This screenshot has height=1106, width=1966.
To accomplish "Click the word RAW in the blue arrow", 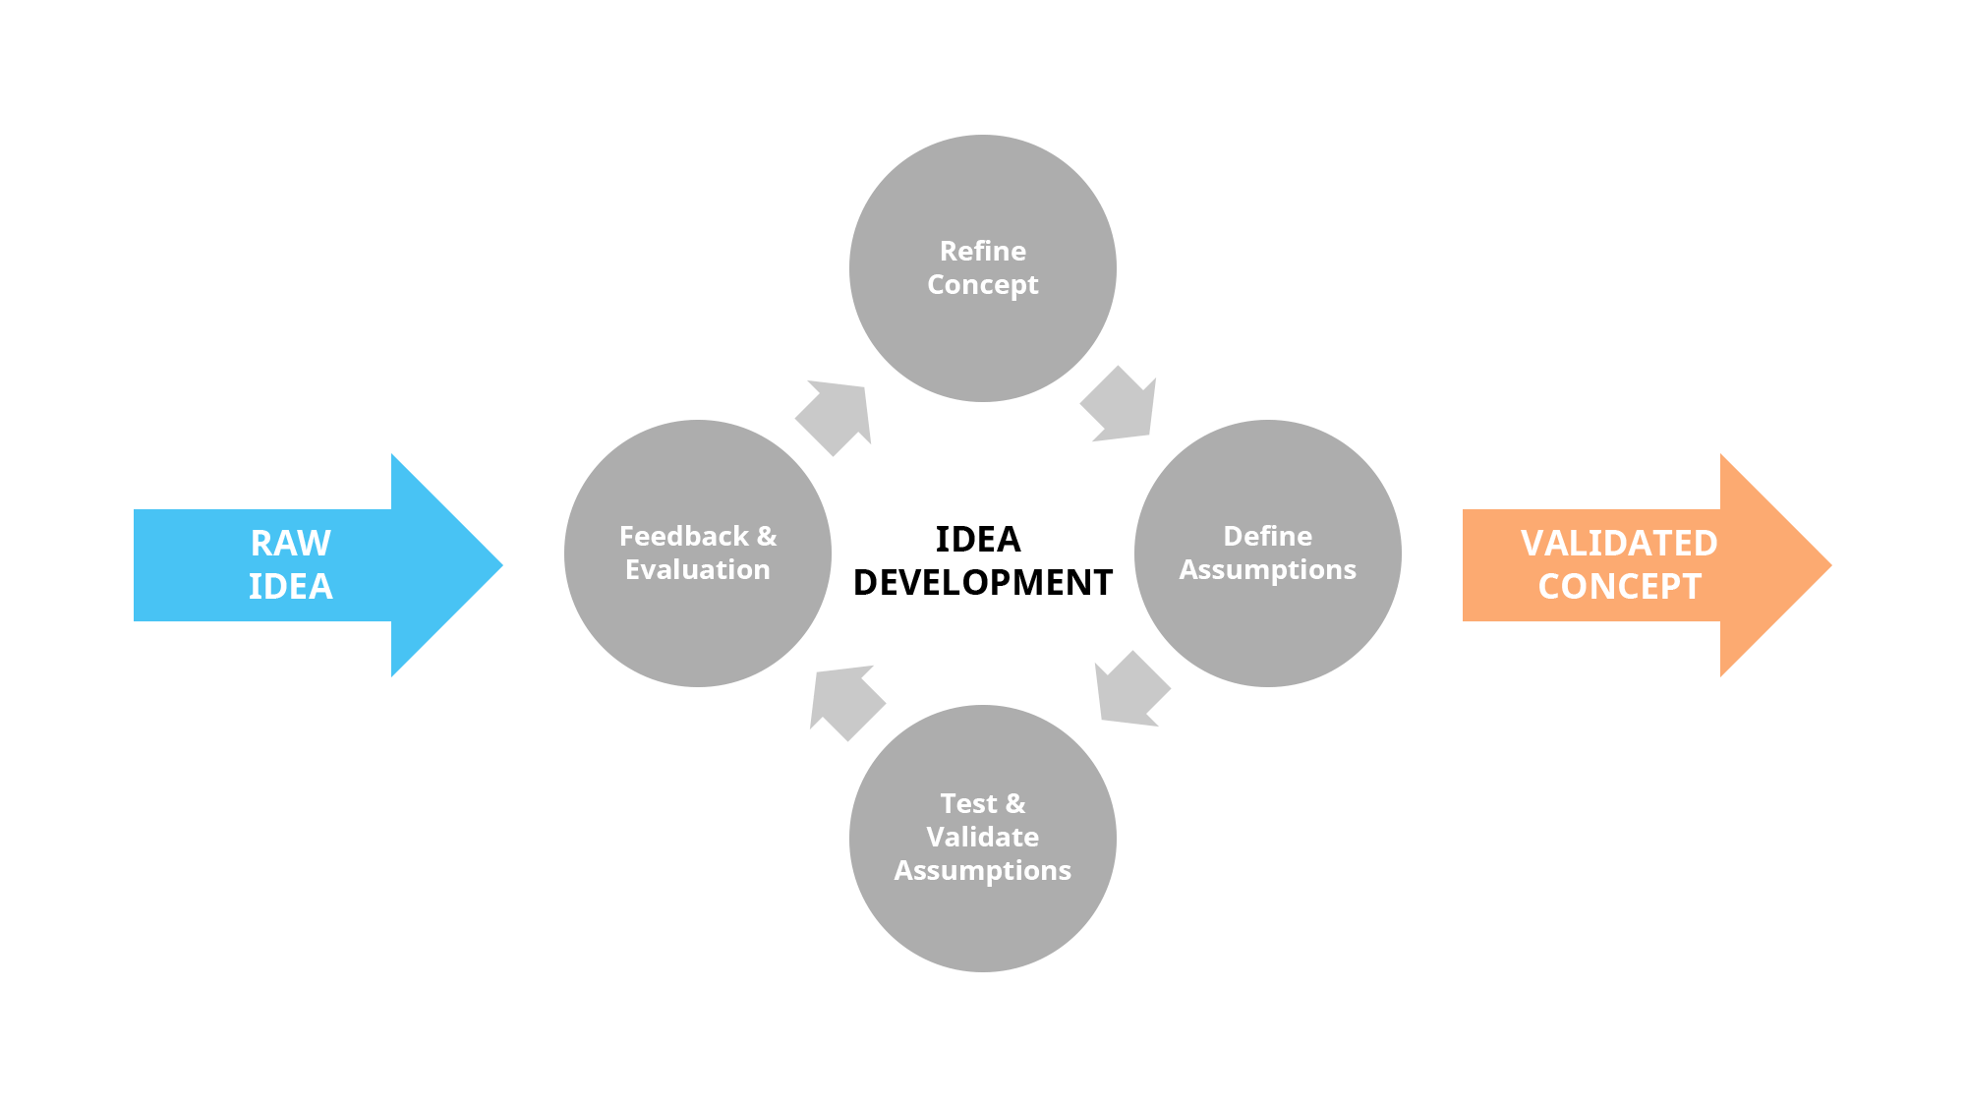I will [x=290, y=543].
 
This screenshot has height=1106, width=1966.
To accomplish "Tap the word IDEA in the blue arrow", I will [x=290, y=587].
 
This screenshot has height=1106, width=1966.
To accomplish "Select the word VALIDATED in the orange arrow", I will [x=1618, y=543].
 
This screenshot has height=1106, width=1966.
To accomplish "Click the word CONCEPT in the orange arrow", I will [x=1618, y=587].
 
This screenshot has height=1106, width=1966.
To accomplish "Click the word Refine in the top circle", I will [x=982, y=251].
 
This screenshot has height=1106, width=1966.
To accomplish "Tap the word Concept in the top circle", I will [x=982, y=285].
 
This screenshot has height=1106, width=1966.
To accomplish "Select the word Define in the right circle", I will [x=1267, y=536].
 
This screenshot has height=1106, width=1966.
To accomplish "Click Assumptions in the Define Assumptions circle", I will [x=1267, y=570].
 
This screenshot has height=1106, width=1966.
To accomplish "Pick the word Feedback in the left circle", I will [x=683, y=536].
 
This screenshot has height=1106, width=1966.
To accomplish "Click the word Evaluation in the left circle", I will [x=697, y=570].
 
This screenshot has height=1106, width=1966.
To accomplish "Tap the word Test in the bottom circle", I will [x=968, y=803].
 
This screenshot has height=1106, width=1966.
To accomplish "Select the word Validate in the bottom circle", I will [x=982, y=837].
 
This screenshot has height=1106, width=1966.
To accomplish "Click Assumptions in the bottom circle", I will [x=982, y=871].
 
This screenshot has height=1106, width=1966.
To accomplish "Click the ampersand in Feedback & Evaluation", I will [x=767, y=536].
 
